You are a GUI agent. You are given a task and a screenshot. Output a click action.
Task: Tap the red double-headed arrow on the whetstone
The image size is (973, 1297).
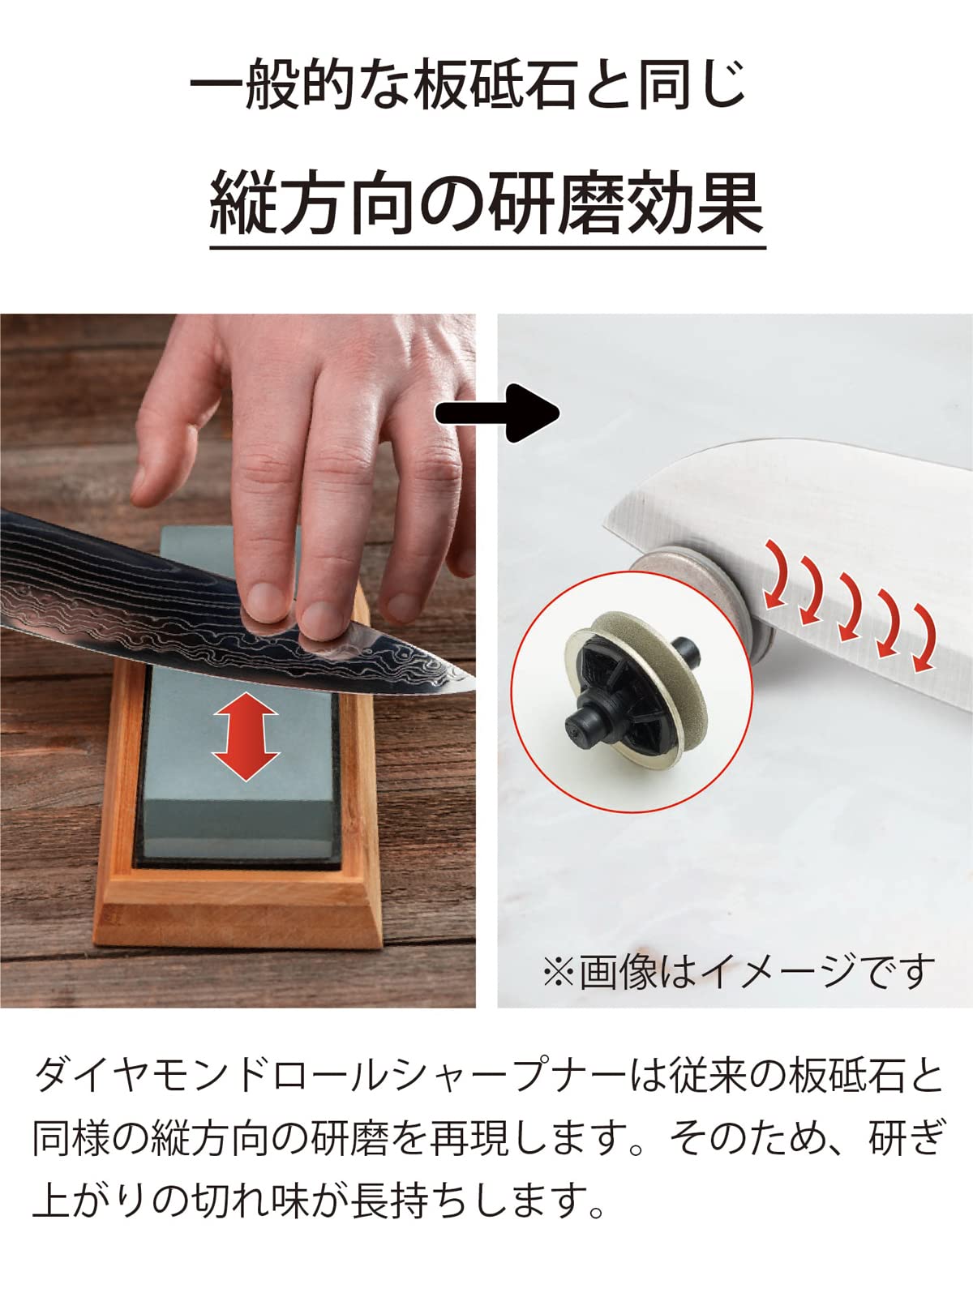245,736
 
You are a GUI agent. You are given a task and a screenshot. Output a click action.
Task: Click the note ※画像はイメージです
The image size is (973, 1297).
739,970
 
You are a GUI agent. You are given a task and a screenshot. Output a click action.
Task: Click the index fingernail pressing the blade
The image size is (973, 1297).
266,601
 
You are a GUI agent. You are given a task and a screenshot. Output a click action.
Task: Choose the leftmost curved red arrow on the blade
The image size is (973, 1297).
778,575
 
